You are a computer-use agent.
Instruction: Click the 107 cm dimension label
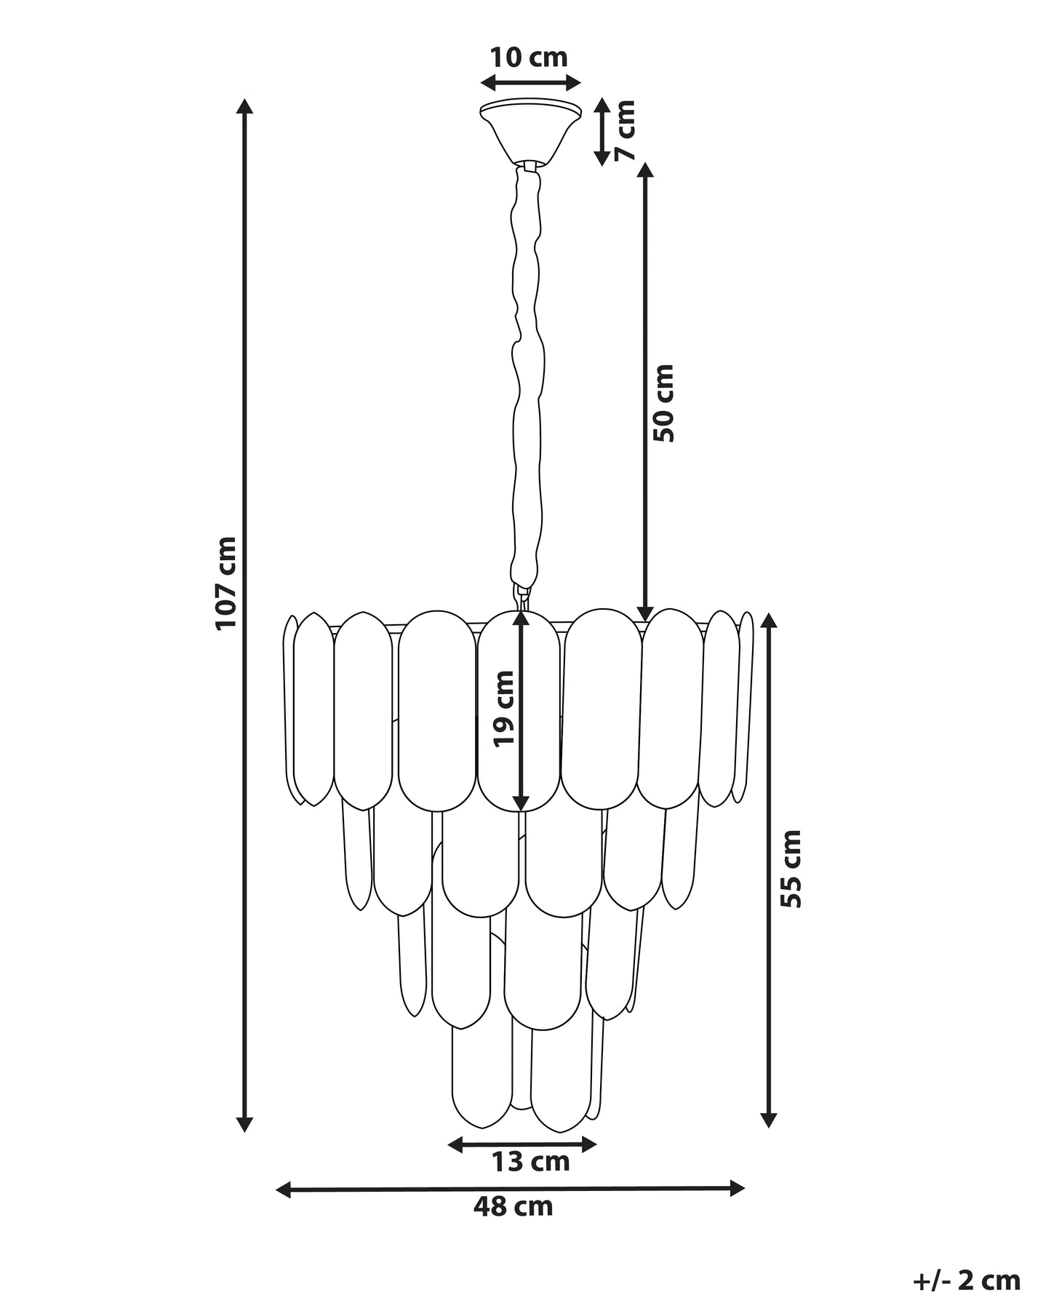pyautogui.click(x=225, y=582)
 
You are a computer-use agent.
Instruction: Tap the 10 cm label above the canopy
pyautogui.click(x=528, y=57)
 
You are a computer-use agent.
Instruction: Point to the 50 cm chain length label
pyautogui.click(x=663, y=402)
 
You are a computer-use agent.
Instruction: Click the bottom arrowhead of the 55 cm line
pyautogui.click(x=769, y=1139)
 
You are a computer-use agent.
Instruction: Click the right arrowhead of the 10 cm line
pyautogui.click(x=572, y=82)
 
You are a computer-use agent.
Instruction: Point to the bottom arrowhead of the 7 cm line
pyautogui.click(x=602, y=157)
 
